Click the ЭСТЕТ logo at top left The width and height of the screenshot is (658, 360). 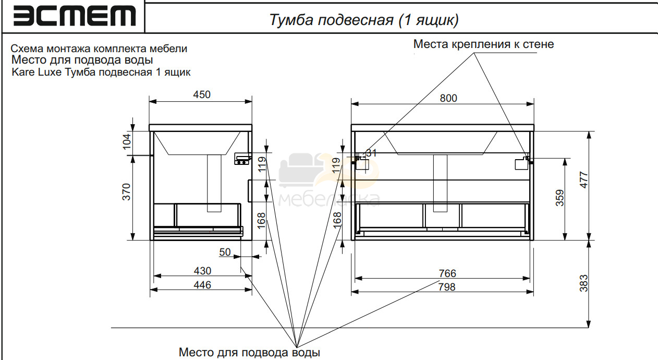pos(75,16)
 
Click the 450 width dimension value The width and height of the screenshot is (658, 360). pos(202,94)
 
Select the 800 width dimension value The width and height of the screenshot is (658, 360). pos(448,98)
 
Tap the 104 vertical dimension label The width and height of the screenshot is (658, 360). pos(127,141)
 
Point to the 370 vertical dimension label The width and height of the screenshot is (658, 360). pos(126,192)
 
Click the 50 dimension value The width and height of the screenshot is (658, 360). pos(225,252)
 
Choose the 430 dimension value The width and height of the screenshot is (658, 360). pos(202,271)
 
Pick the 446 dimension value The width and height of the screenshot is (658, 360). pos(202,285)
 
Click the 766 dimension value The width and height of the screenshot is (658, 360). pos(447,273)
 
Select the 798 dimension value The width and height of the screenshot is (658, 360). pos(447,287)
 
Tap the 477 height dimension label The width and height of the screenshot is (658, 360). pos(584,180)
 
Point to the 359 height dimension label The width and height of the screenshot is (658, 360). pos(560,198)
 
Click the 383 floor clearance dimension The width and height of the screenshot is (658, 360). pos(583,283)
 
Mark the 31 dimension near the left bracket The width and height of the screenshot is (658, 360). pos(371,153)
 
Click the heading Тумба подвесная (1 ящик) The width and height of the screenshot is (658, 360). pos(364,20)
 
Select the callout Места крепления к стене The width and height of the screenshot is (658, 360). pos(483,44)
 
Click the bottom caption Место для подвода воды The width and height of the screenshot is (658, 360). pos(249,352)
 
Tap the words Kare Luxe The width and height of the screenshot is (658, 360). pos(36,72)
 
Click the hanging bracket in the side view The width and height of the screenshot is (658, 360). pos(242,159)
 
